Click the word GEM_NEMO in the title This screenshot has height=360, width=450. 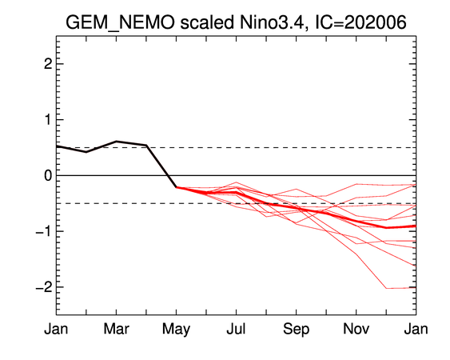[x=120, y=22]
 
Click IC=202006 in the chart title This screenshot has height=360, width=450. [x=360, y=22]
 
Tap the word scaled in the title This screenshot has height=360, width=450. [x=207, y=22]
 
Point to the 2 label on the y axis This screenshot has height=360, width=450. [x=48, y=64]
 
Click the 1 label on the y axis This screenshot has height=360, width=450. [x=48, y=119]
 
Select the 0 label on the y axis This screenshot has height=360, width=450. [x=48, y=175]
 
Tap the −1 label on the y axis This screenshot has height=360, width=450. [x=44, y=231]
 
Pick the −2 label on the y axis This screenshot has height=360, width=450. [x=44, y=286]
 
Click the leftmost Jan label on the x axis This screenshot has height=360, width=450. [x=56, y=329]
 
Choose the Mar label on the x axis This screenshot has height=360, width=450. [x=116, y=329]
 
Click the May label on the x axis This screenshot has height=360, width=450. [x=176, y=330]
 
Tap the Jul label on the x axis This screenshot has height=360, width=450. [x=237, y=329]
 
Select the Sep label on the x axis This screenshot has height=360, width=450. [x=297, y=330]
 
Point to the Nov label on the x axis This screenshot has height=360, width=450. [x=356, y=329]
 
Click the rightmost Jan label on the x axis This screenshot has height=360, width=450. [x=416, y=329]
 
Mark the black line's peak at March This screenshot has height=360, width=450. [x=116, y=141]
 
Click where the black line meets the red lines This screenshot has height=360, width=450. [x=176, y=187]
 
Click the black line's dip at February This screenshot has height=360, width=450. [x=86, y=152]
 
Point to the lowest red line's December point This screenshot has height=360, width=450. [x=386, y=288]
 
